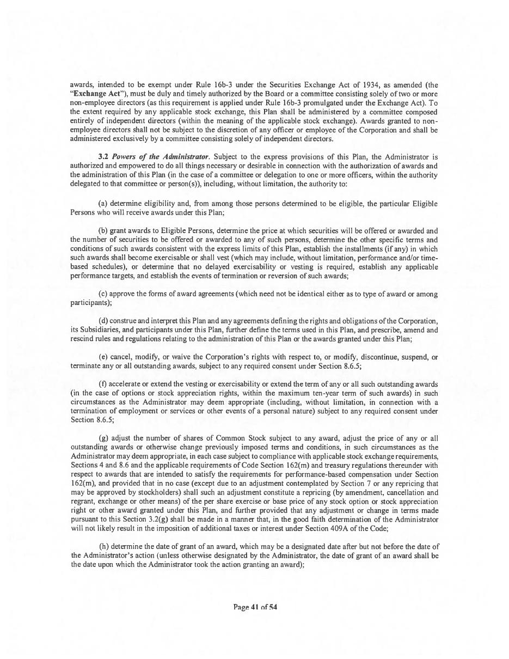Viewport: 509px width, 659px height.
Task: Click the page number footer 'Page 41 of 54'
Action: pos(255,607)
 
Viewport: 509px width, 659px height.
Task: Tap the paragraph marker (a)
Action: pos(103,203)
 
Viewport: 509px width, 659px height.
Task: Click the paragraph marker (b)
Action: pos(103,231)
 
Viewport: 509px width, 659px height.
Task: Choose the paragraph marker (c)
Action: pos(103,294)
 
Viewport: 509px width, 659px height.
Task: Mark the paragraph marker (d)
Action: pos(103,321)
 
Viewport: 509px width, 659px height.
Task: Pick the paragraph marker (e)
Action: pos(103,357)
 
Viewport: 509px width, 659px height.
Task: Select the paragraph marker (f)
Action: pos(103,384)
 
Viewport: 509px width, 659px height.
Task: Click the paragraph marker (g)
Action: pos(103,438)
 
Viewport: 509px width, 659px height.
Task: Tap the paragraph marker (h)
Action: pos(103,546)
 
